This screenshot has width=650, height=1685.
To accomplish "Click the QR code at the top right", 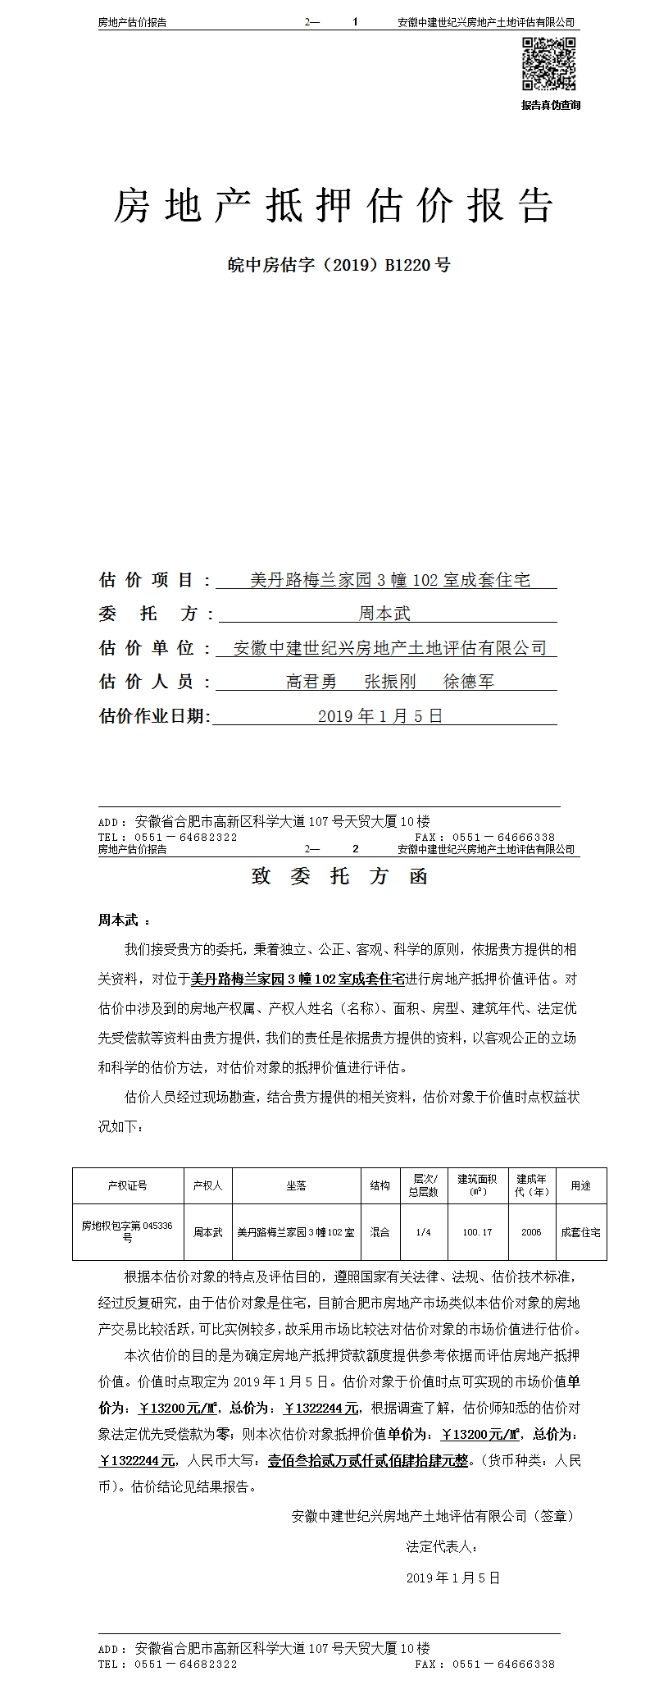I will pos(550,64).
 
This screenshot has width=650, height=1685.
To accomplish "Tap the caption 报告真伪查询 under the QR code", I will pos(550,105).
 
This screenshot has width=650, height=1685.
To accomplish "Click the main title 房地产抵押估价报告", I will pos(333,205).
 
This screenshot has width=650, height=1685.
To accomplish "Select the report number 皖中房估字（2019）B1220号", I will pos(339,265).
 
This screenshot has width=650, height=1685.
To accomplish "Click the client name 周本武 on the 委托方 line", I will pos(384,613).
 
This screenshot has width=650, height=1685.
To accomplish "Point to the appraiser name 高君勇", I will pos(311,682).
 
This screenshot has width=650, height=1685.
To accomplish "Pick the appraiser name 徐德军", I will pos(468,682).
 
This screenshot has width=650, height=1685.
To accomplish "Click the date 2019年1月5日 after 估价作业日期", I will pos(380,716).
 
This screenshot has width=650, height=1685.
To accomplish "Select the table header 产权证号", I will pos(128,1185).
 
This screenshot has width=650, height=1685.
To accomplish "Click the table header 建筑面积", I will pos(477,1185).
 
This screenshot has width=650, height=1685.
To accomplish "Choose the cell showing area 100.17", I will pos(477,1232).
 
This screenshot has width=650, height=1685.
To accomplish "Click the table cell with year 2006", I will pos(531,1232).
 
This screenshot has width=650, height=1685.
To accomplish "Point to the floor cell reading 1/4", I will pos(423,1232).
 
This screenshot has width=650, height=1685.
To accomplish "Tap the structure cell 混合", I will pos(380,1232).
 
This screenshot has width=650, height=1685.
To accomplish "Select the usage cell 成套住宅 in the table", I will pos(580,1232).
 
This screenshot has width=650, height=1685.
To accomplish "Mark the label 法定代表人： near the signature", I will pos(442,1547).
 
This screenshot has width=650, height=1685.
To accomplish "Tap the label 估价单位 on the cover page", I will pos(148,647).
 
